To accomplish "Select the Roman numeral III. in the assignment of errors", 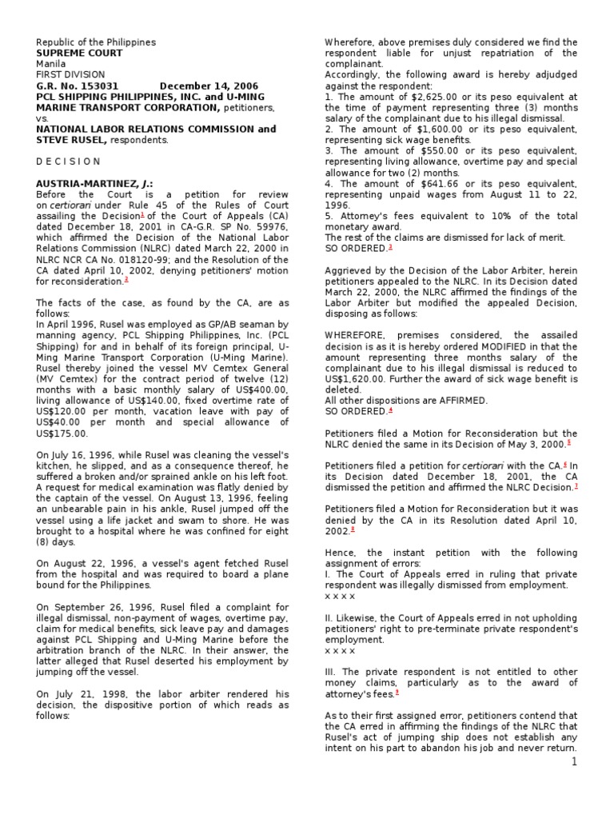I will coord(332,672).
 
